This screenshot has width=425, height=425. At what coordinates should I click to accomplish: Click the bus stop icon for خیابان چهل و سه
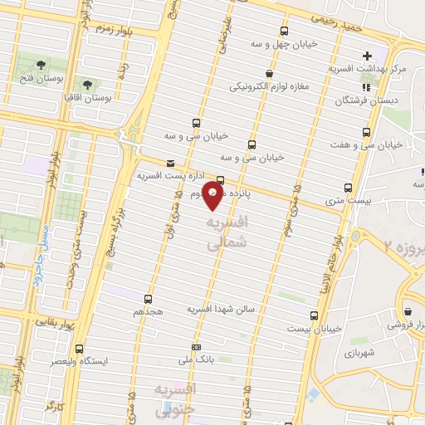tap(284, 32)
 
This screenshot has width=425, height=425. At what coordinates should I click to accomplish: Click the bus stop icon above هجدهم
tap(149, 298)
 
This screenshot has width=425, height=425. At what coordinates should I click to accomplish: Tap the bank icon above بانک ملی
tap(196, 346)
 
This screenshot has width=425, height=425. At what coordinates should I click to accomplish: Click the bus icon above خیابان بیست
tap(313, 315)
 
